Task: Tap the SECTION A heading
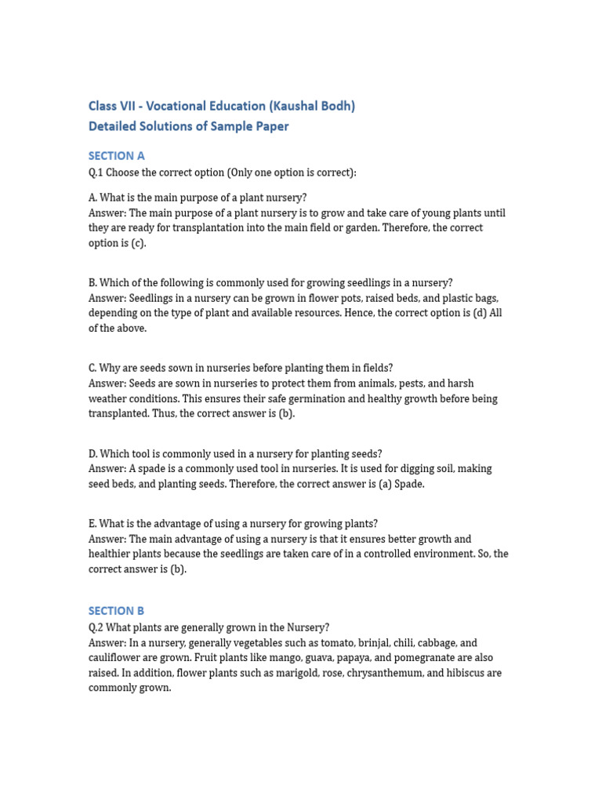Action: point(117,155)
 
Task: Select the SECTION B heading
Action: point(117,610)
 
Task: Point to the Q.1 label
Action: point(96,172)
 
